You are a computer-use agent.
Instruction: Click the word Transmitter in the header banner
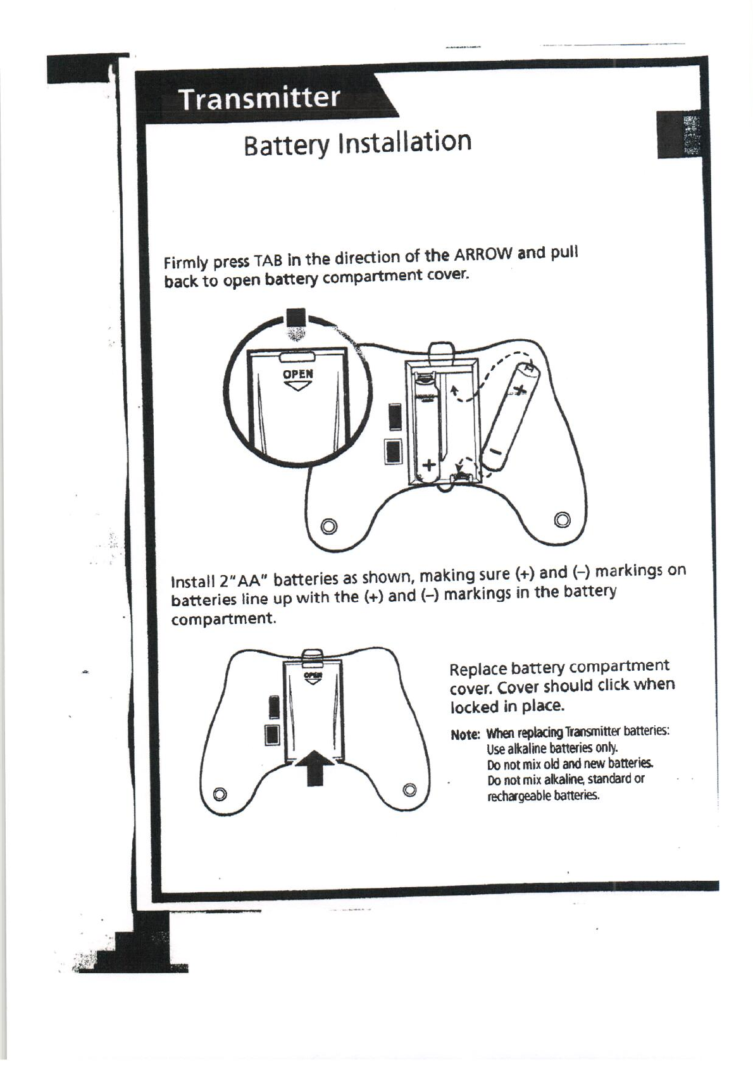259,99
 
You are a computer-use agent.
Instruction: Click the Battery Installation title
358,143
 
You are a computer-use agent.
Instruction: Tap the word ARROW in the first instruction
482,254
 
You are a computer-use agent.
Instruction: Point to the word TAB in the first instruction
266,261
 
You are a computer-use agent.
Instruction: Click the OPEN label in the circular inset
297,373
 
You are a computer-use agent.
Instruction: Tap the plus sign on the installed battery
429,464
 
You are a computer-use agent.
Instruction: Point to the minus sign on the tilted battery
496,451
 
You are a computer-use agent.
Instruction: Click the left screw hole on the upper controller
327,526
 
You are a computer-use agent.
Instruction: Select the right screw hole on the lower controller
410,789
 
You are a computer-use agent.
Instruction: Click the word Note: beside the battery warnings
465,735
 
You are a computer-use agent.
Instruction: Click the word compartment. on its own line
224,618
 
